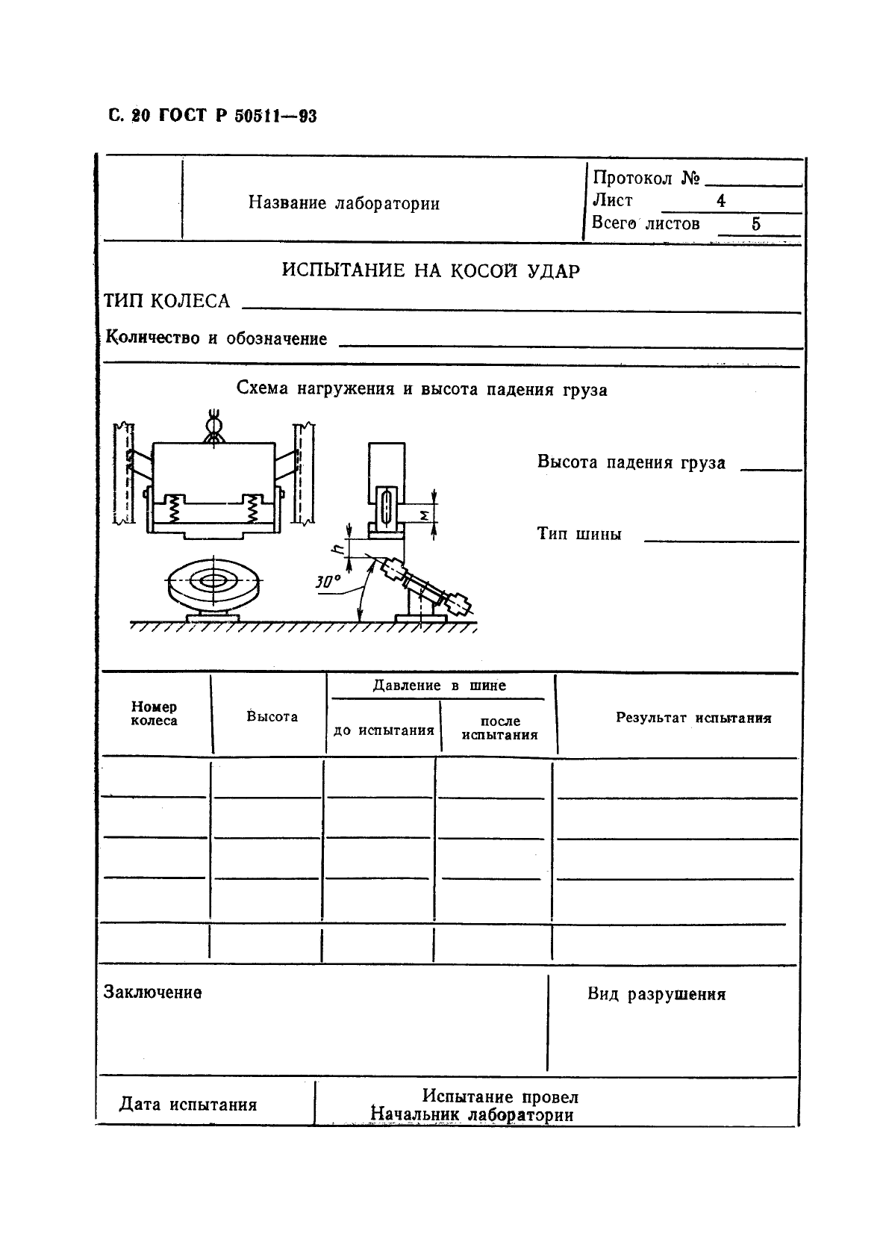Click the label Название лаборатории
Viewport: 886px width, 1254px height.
pyautogui.click(x=343, y=203)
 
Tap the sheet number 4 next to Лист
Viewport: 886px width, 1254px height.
pyautogui.click(x=720, y=201)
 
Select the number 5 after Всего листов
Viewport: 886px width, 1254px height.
pyautogui.click(x=755, y=224)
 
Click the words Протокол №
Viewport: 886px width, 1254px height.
pyautogui.click(x=646, y=178)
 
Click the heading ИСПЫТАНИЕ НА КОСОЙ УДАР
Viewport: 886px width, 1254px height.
pyautogui.click(x=430, y=270)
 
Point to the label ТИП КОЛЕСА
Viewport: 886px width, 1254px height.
pyautogui.click(x=166, y=301)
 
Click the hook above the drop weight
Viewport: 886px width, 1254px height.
pyautogui.click(x=213, y=427)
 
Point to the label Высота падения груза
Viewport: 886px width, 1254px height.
pyautogui.click(x=631, y=462)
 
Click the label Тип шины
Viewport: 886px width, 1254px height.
pyautogui.click(x=578, y=534)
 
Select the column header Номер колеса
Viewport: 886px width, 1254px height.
pyautogui.click(x=154, y=713)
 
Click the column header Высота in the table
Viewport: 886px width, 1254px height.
pyautogui.click(x=272, y=716)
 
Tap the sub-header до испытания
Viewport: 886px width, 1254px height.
pyautogui.click(x=383, y=730)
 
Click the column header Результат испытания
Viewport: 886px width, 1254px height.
pyautogui.click(x=693, y=718)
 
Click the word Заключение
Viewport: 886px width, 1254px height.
pyautogui.click(x=152, y=993)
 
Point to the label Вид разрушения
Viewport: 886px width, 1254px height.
pyautogui.click(x=655, y=994)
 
